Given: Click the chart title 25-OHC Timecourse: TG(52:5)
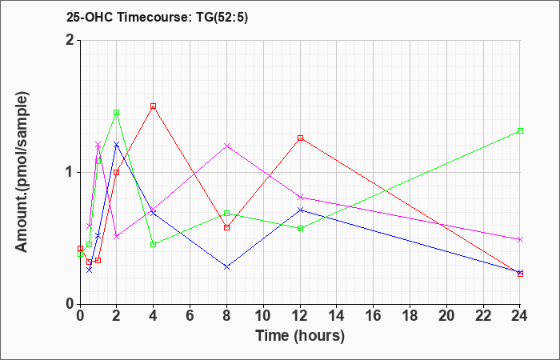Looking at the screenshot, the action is tap(157, 18).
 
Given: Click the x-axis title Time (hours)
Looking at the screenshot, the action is tap(300, 336).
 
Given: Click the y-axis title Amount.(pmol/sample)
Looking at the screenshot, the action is tap(22, 172).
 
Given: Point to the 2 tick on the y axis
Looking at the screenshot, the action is tap(70, 40).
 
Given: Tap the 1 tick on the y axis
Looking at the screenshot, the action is tap(70, 173).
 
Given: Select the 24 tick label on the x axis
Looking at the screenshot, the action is tap(520, 316).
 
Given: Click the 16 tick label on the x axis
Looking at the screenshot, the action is tap(374, 316).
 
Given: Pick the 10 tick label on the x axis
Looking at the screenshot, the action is tap(263, 316).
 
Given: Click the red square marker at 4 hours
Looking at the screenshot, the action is tap(154, 106).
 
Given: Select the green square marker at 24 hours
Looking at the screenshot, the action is tap(520, 130).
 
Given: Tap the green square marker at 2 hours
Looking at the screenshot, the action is tap(117, 113).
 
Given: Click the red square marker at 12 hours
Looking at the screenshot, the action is tap(300, 138).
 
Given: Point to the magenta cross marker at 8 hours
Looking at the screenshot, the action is tap(226, 146).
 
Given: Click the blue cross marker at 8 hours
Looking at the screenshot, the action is tap(226, 266).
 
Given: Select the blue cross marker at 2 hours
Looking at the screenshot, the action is tap(117, 144).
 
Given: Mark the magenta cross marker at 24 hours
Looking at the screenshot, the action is tap(520, 239).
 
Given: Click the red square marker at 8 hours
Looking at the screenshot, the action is tap(226, 227).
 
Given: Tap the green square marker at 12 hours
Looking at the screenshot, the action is tap(300, 228).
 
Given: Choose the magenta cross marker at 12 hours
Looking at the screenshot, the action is tap(300, 197).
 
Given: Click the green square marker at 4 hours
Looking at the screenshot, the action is tap(154, 244).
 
